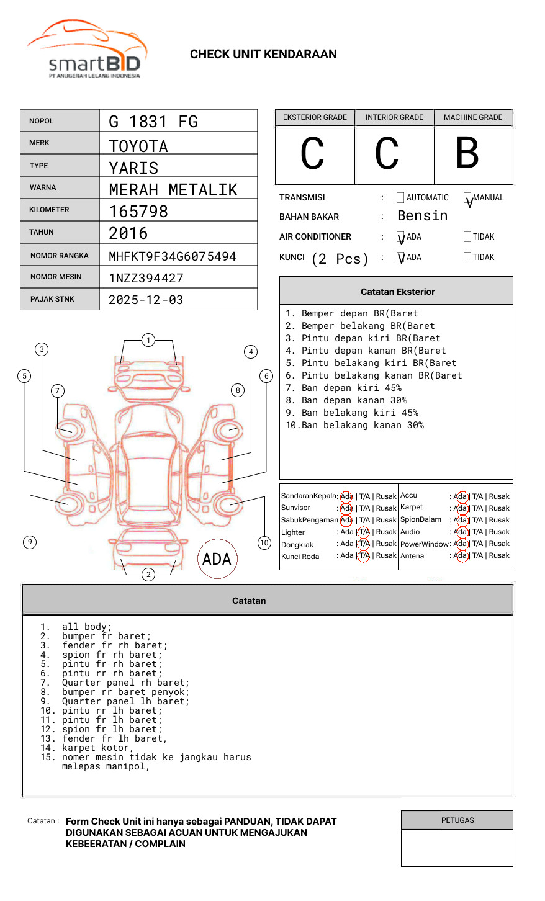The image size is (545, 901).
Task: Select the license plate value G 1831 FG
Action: point(153,122)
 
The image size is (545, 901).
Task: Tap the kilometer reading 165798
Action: point(138,212)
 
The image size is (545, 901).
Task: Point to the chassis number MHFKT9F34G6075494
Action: point(172,256)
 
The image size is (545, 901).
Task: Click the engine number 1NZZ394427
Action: point(146,278)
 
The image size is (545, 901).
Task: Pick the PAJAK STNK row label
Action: point(52,299)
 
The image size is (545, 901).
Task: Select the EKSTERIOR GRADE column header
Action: point(315,117)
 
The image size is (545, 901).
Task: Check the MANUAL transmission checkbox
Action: point(467,198)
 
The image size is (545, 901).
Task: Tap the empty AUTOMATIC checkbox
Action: point(400,198)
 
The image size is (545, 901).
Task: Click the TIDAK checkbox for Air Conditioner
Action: point(467,237)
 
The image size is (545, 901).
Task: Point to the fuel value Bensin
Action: point(422,216)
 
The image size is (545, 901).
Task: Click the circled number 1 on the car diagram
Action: point(148,340)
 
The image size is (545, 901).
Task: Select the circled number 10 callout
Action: point(264,543)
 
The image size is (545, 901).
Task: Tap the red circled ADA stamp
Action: point(217,558)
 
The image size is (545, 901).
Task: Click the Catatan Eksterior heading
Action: point(397,292)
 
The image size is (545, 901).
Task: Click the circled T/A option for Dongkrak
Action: point(364,544)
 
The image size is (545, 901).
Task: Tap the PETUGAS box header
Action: point(457,820)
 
